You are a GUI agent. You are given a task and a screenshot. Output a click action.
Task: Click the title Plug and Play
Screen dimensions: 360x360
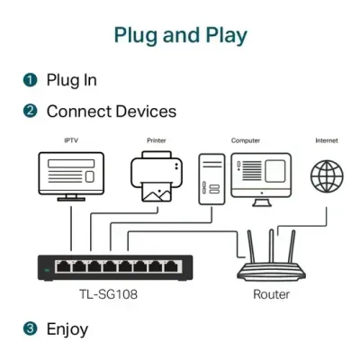click(180, 35)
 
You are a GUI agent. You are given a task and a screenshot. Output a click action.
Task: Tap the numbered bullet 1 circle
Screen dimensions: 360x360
click(31, 80)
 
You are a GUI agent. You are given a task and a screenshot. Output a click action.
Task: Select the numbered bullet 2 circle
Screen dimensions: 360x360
click(31, 112)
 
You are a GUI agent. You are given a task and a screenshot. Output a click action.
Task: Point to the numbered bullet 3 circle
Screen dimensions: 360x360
click(31, 328)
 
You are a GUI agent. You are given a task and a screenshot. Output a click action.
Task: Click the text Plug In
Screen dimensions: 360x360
click(72, 80)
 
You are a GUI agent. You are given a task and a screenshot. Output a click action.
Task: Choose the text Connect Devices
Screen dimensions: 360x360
click(111, 112)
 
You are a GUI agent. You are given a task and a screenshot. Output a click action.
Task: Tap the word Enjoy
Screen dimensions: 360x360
click(67, 328)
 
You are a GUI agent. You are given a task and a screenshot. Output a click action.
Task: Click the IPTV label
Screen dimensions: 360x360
click(70, 140)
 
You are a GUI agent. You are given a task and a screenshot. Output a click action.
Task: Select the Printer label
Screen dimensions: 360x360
click(157, 140)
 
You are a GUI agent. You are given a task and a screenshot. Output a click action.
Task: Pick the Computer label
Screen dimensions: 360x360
click(246, 140)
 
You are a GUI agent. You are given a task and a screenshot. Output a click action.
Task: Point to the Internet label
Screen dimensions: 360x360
click(326, 140)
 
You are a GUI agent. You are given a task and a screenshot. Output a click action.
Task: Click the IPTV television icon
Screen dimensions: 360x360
click(70, 175)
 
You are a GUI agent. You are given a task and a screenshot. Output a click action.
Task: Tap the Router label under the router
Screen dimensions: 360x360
click(270, 294)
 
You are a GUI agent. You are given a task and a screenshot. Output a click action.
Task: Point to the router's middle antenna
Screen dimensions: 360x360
click(270, 244)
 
